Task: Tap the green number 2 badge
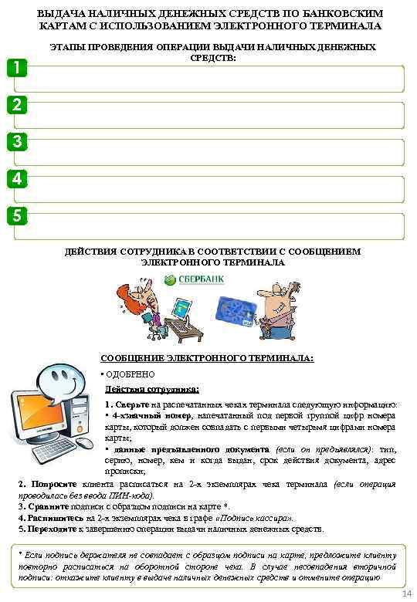15,105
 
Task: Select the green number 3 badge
15,141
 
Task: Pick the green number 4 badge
15,178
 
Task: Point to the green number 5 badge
15,215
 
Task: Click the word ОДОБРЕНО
131,374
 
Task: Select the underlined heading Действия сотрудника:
152,389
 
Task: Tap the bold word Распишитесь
51,518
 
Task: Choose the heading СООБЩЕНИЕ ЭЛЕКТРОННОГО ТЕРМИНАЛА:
208,358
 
